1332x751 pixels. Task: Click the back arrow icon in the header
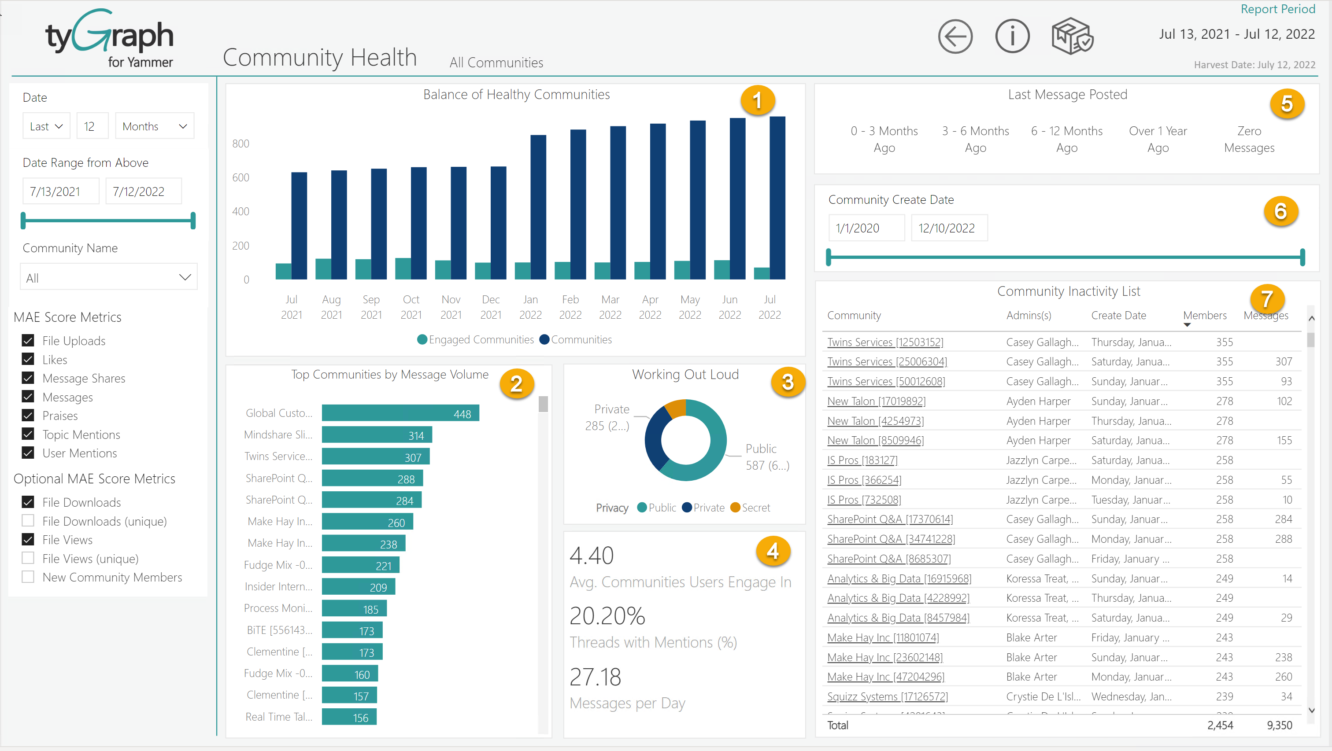click(955, 37)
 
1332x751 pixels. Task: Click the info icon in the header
click(1012, 37)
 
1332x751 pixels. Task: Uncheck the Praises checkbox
click(28, 416)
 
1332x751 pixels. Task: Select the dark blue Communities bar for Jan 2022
click(538, 207)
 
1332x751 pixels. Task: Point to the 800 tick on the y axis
click(240, 144)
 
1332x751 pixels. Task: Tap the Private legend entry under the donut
click(703, 508)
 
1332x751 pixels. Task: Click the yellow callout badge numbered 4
click(773, 552)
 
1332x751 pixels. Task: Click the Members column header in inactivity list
click(1204, 315)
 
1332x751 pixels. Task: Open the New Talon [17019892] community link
click(876, 401)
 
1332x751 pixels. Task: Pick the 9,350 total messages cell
click(1279, 725)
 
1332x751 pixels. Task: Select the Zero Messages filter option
click(1249, 139)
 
